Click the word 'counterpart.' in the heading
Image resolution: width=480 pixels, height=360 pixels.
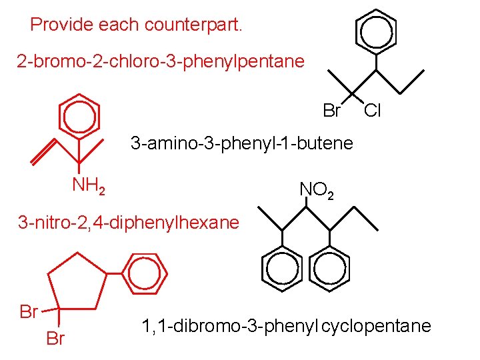[199, 26]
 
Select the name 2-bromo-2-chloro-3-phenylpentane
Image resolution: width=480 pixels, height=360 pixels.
[161, 62]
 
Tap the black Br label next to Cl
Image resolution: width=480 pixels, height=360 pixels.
[331, 111]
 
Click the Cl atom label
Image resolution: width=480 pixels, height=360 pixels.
[372, 111]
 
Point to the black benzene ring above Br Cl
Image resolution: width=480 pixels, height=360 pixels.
[376, 31]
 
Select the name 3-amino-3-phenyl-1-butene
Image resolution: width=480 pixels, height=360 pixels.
[242, 143]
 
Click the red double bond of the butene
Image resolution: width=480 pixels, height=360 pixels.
[43, 153]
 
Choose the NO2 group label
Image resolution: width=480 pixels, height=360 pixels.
[317, 191]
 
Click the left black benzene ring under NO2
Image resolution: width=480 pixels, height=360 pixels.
[283, 269]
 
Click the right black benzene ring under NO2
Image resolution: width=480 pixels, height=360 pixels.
[330, 269]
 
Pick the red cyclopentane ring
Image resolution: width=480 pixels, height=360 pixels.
[77, 283]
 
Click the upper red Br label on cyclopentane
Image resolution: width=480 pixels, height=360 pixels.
[29, 311]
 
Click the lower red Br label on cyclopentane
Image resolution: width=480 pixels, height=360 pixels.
[55, 339]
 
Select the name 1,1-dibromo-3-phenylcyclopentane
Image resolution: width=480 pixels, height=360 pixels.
[286, 327]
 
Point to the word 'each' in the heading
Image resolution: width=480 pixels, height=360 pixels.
[120, 25]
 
